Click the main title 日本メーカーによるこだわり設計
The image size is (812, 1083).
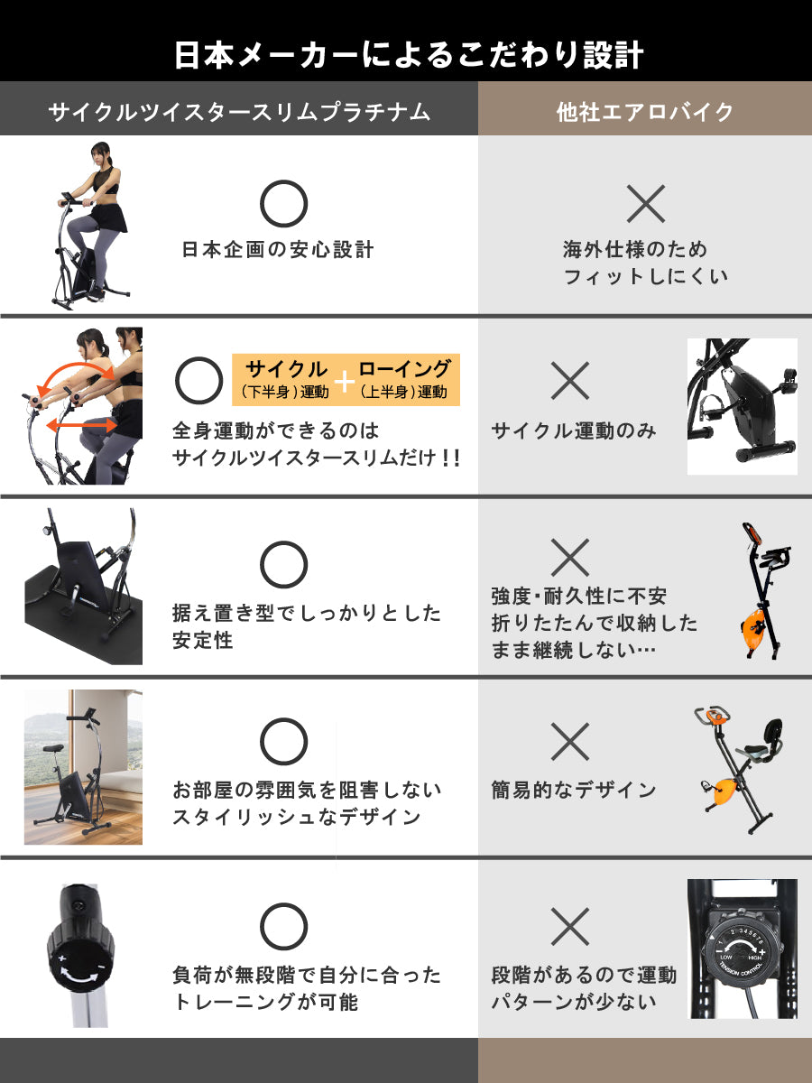tap(409, 55)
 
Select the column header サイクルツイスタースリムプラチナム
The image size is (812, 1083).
tap(239, 112)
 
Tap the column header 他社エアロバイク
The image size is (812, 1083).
tap(645, 112)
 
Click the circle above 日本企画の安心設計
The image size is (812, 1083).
tap(283, 203)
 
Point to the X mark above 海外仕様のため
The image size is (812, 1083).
tap(645, 204)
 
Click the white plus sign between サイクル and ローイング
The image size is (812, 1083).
tap(345, 382)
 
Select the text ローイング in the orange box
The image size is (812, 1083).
tap(404, 368)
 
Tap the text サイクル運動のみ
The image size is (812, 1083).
tap(574, 430)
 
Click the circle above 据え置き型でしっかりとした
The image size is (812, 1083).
tap(283, 564)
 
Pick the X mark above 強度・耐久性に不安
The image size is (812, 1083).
tap(570, 558)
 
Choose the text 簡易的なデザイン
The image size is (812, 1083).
tap(574, 791)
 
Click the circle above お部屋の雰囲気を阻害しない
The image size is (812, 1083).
tap(283, 741)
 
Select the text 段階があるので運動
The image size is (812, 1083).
tap(584, 975)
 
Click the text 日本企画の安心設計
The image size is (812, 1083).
tap(278, 250)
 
